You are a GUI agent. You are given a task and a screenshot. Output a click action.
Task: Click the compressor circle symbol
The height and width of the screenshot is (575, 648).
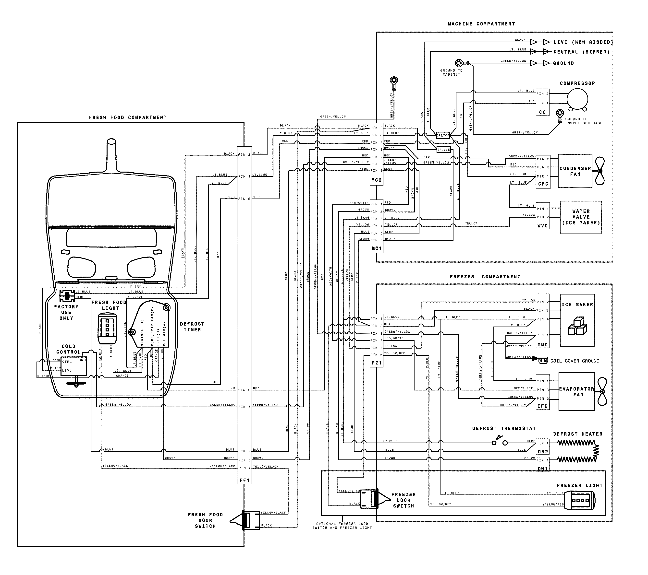coord(577,99)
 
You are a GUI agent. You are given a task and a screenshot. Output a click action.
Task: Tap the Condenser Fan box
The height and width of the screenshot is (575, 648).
coord(575,171)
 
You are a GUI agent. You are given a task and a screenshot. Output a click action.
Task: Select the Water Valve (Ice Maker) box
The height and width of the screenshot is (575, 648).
coord(580,217)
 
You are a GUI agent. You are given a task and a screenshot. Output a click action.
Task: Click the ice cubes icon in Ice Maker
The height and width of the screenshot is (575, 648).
coord(577,326)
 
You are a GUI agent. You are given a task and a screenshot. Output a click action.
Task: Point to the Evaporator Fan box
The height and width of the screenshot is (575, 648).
coord(576,392)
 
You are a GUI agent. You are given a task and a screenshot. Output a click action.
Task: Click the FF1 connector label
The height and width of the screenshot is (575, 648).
coord(245,480)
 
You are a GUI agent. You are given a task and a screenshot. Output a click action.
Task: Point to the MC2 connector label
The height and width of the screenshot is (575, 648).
coord(377,180)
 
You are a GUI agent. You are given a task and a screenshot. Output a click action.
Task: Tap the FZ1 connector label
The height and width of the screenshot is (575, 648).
coord(377,363)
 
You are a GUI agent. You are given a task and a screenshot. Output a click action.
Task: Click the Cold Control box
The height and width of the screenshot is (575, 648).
coord(73,366)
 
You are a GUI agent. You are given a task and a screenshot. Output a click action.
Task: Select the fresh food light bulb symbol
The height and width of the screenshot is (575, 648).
coord(107,328)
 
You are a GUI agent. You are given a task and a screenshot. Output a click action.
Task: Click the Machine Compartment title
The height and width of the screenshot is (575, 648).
coord(481,24)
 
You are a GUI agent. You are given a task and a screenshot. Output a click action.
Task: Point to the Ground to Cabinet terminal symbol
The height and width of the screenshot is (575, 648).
coord(459,62)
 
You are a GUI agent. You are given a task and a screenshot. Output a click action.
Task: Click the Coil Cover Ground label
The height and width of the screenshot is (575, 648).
coord(575,361)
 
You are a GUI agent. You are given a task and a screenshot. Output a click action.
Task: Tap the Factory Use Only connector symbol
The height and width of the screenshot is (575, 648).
coord(67,296)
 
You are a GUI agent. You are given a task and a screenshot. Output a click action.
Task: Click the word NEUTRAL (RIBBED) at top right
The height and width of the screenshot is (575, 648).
coord(581,52)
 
